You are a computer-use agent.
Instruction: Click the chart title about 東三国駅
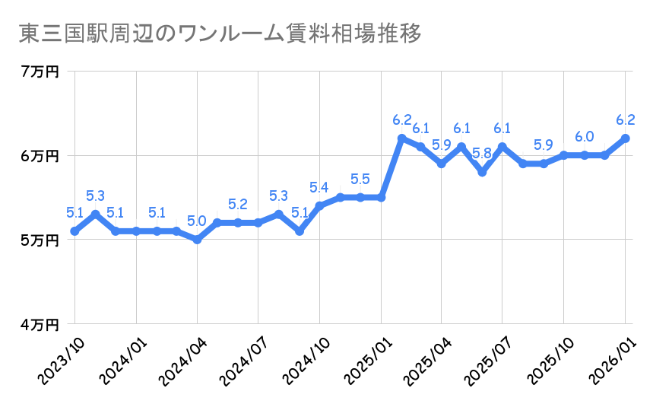click(x=219, y=34)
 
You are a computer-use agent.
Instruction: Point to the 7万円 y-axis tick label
click(x=40, y=72)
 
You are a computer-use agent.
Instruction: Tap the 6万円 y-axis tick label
click(x=40, y=156)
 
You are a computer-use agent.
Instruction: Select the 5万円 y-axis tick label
click(x=40, y=240)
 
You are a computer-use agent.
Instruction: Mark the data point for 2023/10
click(x=74, y=231)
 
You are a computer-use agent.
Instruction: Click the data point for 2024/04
click(x=197, y=240)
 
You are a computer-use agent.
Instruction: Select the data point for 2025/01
click(x=381, y=198)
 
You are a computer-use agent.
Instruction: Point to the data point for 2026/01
click(x=626, y=138)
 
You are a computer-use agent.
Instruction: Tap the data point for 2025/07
click(x=503, y=147)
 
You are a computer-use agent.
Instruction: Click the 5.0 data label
click(x=197, y=221)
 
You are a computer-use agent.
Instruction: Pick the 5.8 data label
click(x=482, y=154)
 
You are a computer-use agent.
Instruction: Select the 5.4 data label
click(x=319, y=187)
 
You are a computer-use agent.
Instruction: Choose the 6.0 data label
click(x=585, y=137)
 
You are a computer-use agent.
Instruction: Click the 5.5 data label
click(x=360, y=180)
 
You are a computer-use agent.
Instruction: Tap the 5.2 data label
click(x=238, y=205)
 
